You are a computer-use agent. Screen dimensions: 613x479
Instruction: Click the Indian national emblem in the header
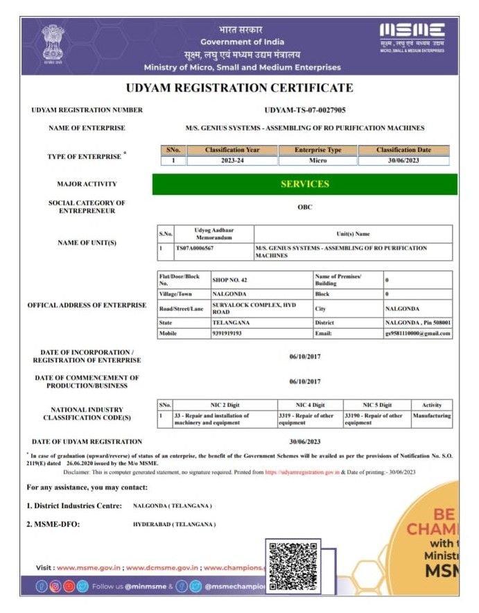tap(53, 44)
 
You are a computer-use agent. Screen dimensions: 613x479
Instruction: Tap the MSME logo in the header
tap(412, 36)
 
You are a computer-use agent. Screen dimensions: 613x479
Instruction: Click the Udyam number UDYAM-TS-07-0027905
tap(305, 110)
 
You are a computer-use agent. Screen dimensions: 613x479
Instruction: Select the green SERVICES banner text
tap(305, 184)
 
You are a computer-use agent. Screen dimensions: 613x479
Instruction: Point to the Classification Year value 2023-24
tap(232, 160)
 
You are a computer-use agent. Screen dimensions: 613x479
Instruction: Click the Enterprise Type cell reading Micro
tap(317, 160)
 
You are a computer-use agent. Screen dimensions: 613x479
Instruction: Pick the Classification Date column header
tap(403, 150)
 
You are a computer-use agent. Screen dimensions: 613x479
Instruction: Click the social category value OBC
tap(305, 207)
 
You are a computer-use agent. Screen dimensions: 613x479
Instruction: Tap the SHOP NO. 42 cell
tap(229, 280)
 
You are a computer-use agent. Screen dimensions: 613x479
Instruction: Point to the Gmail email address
tap(418, 333)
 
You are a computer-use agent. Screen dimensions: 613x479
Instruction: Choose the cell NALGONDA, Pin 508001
tap(417, 322)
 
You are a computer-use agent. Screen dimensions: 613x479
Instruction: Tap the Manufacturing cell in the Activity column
tap(431, 416)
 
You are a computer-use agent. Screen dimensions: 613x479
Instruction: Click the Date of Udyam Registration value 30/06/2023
tap(305, 441)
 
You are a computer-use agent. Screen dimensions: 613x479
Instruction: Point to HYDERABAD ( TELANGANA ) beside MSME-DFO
tap(174, 524)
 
